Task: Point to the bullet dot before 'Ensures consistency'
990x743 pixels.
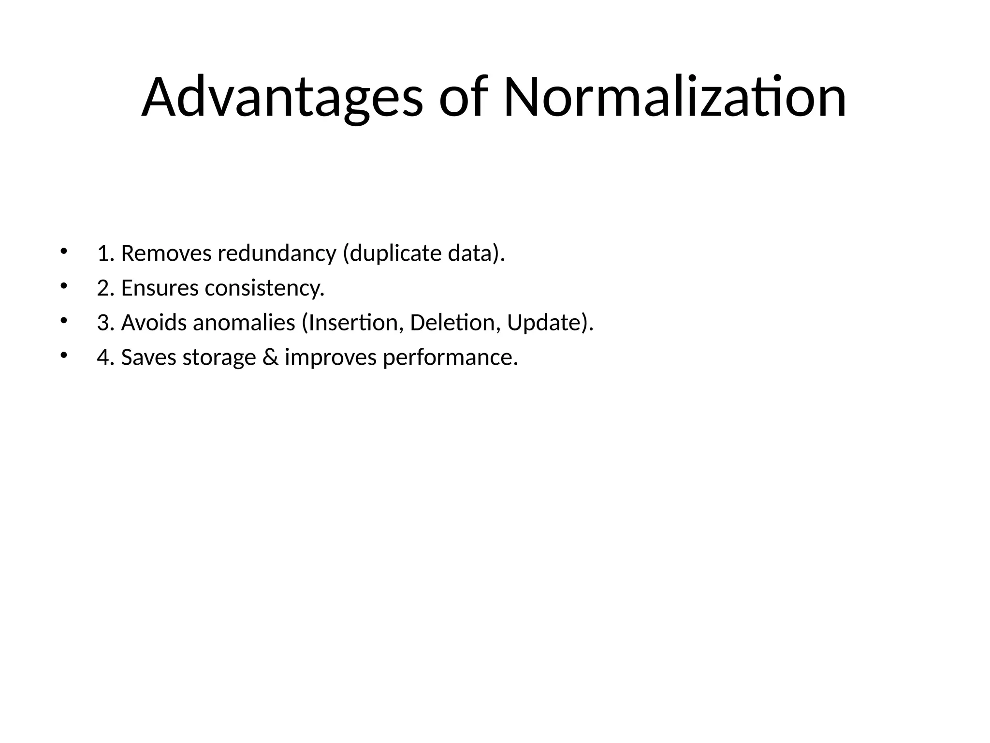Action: tap(63, 286)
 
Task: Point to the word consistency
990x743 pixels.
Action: tap(264, 288)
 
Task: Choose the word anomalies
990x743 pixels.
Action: tap(244, 323)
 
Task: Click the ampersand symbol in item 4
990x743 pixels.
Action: tap(270, 358)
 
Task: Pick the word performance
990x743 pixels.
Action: tap(450, 358)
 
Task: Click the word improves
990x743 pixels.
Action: tap(331, 358)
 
